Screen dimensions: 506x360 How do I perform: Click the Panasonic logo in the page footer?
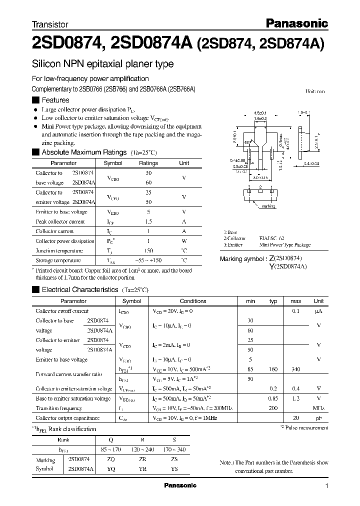(x=180, y=485)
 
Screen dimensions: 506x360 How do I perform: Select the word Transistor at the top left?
(x=50, y=24)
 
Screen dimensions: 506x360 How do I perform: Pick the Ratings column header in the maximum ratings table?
(x=148, y=163)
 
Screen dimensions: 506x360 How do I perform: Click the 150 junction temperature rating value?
(x=148, y=250)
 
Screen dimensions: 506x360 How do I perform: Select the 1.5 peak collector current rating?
(x=148, y=221)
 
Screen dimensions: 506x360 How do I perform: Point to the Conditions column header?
(x=193, y=301)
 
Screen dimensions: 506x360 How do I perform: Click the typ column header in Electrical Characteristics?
(x=273, y=301)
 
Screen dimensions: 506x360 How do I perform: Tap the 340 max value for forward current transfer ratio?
(x=295, y=369)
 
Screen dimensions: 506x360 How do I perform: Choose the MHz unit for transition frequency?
(x=318, y=408)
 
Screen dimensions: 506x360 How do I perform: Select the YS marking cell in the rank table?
(x=174, y=469)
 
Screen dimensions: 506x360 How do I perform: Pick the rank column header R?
(x=143, y=440)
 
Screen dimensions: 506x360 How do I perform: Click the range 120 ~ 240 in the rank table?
(x=143, y=450)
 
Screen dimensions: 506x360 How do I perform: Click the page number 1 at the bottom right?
(x=326, y=485)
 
